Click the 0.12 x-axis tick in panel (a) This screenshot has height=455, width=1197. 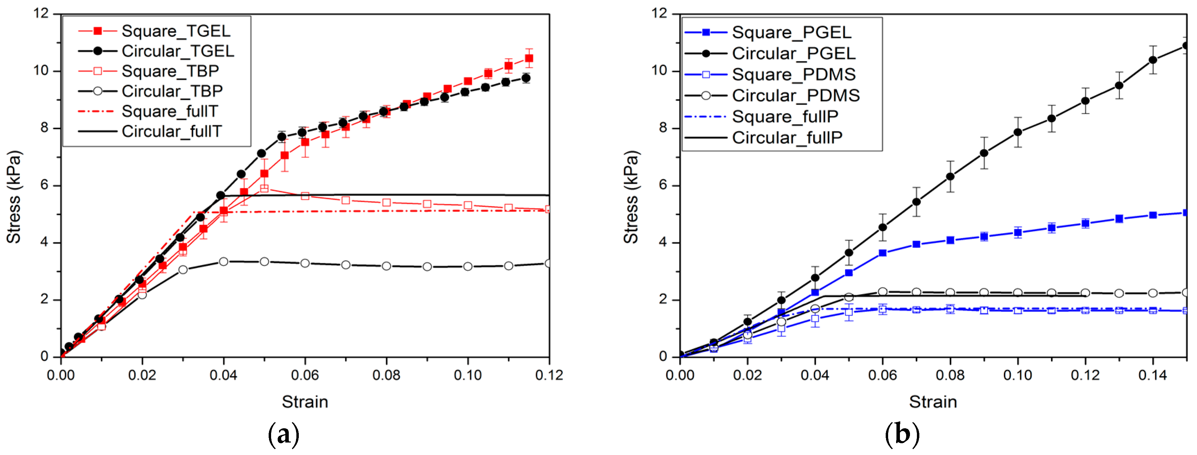click(549, 375)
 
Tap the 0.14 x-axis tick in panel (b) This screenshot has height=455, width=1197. click(1152, 375)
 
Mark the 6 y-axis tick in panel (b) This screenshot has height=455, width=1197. click(662, 185)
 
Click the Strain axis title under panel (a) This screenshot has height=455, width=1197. click(305, 402)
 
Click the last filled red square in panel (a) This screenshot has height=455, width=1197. click(529, 59)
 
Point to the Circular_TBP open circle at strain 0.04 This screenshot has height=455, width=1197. click(224, 262)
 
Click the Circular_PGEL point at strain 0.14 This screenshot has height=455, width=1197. click(1153, 60)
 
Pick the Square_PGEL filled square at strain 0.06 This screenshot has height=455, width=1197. click(883, 253)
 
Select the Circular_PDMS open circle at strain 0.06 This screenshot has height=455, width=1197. click(883, 292)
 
